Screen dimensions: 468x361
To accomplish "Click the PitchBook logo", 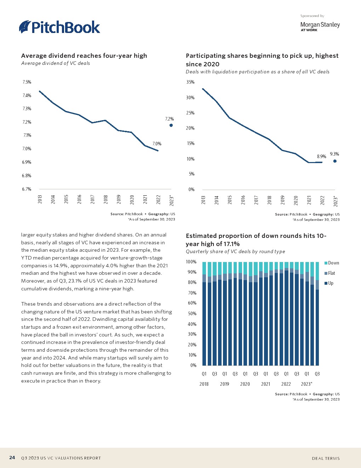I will click(59, 27).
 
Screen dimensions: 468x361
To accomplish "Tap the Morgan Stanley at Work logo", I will click(320, 26).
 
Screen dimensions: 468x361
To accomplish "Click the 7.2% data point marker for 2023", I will click(171, 125).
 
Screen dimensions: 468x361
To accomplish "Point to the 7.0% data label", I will click(157, 144).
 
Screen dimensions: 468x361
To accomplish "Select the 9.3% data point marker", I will click(335, 161).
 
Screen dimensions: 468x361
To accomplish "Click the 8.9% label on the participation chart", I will click(321, 156).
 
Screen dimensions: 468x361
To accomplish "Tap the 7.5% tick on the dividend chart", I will click(27, 82).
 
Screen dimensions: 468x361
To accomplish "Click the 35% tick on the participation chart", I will click(190, 82).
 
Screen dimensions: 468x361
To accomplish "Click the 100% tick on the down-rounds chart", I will click(191, 262).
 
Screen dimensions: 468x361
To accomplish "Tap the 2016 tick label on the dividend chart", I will click(80, 199).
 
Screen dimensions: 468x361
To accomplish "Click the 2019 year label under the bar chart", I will click(224, 384).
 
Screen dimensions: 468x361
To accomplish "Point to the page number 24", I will click(12, 458).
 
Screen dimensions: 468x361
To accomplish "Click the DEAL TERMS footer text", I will click(326, 458).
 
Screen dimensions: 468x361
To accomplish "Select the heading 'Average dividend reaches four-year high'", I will click(84, 56).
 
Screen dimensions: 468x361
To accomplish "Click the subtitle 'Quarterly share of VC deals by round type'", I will click(235, 251).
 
